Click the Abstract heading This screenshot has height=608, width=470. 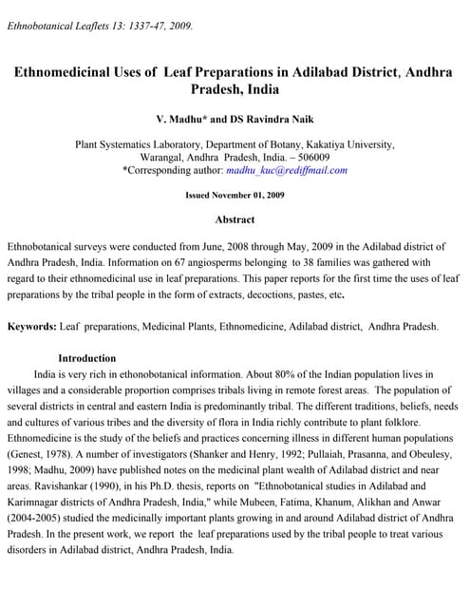click(235, 220)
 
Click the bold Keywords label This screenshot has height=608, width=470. click(31, 327)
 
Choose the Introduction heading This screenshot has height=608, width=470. click(87, 359)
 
